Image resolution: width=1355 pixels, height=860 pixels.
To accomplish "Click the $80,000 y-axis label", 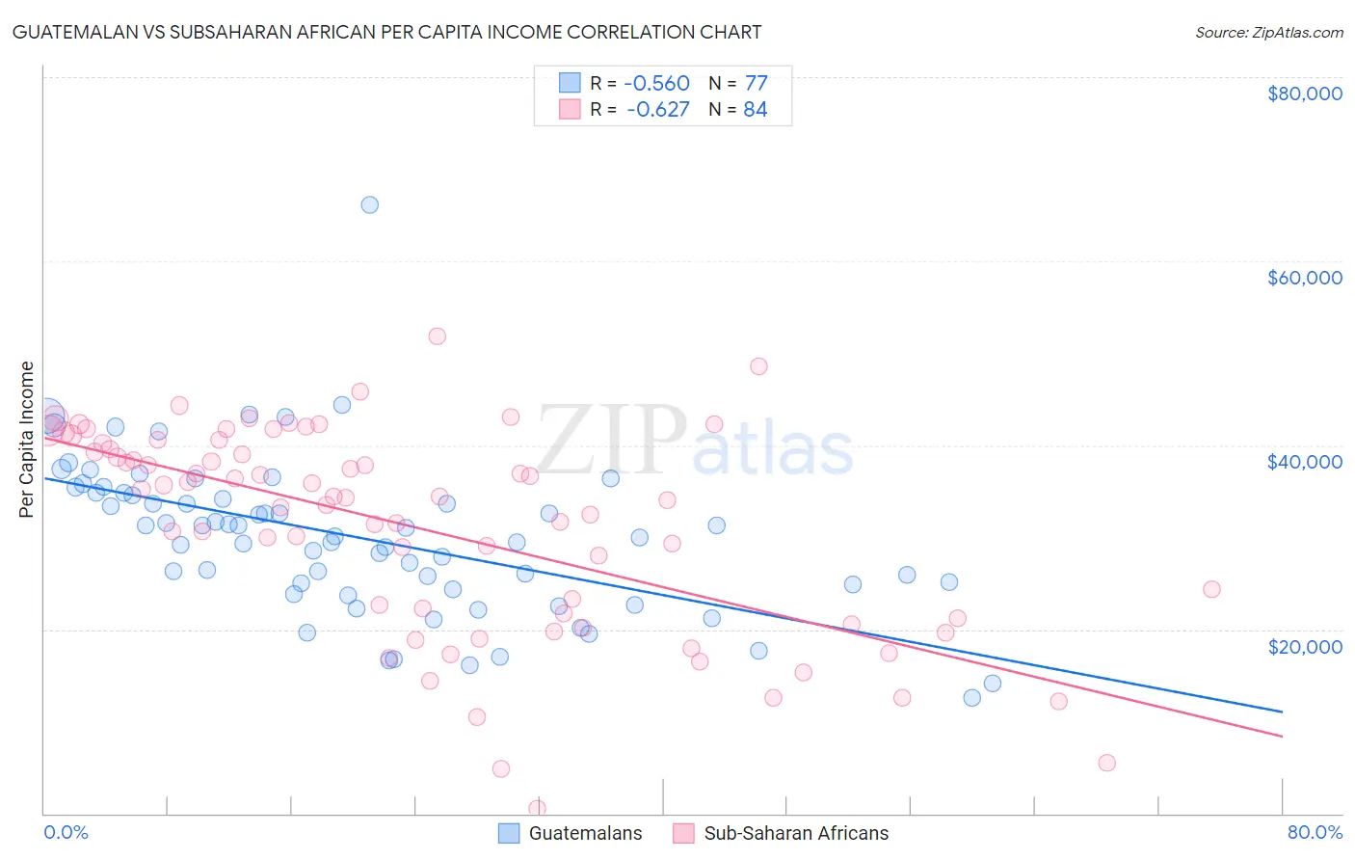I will point(1304,94).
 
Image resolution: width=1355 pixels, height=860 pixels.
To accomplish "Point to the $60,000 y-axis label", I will point(1304,278).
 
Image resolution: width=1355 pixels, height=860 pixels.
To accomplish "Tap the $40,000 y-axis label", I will point(1304,462).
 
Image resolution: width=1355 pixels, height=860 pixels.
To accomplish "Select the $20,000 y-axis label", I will point(1304,646).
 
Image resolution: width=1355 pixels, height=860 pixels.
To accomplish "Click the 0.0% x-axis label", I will point(66,832).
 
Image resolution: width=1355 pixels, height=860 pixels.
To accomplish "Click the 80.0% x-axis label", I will point(1315,832).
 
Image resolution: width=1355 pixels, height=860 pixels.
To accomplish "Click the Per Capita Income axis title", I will point(27,439).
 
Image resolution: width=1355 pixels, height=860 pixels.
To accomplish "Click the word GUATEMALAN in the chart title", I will point(78,32).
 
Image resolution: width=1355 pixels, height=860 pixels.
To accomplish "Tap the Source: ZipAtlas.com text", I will point(1268,33).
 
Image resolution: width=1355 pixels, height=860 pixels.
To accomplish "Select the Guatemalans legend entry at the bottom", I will point(584,833).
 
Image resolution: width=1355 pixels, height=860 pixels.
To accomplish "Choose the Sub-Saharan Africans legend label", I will point(795,833).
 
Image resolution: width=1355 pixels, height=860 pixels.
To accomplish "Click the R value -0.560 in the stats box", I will point(657,83).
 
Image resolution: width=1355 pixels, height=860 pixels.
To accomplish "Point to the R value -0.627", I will point(657,109).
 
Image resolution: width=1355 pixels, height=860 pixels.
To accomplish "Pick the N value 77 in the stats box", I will point(756,83).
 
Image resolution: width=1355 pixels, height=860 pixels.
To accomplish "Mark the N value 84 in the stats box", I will point(756,109).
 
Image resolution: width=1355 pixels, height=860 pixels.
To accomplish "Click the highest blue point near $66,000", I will point(369,204).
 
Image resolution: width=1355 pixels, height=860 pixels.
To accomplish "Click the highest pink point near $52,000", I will point(437,336).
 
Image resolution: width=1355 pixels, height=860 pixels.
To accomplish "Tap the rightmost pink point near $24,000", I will point(1211,589).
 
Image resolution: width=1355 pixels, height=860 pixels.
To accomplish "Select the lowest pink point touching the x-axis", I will point(537,808).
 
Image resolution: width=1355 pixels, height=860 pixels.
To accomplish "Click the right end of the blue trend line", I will point(1282,712).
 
